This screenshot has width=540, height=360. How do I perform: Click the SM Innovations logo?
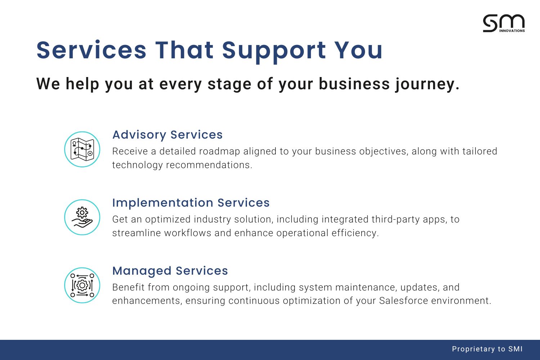pyautogui.click(x=504, y=23)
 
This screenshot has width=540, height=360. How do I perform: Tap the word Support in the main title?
pyautogui.click(x=274, y=51)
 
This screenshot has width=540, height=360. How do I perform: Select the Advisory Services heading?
pyautogui.click(x=167, y=135)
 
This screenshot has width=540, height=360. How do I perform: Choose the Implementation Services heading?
pyautogui.click(x=191, y=203)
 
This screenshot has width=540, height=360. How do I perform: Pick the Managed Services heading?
pyautogui.click(x=170, y=271)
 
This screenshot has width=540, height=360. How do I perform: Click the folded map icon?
pyautogui.click(x=82, y=149)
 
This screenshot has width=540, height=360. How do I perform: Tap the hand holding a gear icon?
pyautogui.click(x=82, y=217)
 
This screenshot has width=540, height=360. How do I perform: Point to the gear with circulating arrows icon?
pyautogui.click(x=82, y=285)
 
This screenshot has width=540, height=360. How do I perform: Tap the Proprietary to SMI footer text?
pyautogui.click(x=487, y=349)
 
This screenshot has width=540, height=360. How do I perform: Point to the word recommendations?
pyautogui.click(x=209, y=165)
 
